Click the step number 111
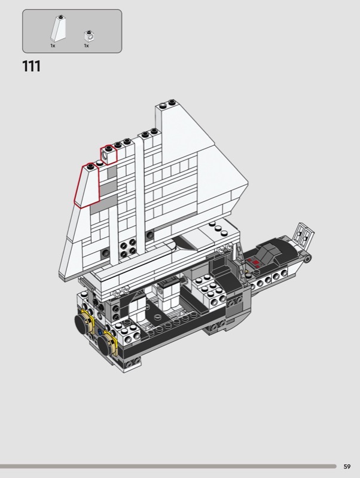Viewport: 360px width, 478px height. (31, 66)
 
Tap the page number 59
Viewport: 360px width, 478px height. (347, 467)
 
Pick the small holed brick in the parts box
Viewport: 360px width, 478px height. (89, 36)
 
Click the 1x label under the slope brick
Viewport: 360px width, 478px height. (53, 46)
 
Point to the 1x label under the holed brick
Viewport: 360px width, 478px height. (86, 46)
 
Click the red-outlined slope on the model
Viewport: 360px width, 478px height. (87, 185)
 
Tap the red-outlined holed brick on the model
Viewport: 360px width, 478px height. (109, 155)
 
